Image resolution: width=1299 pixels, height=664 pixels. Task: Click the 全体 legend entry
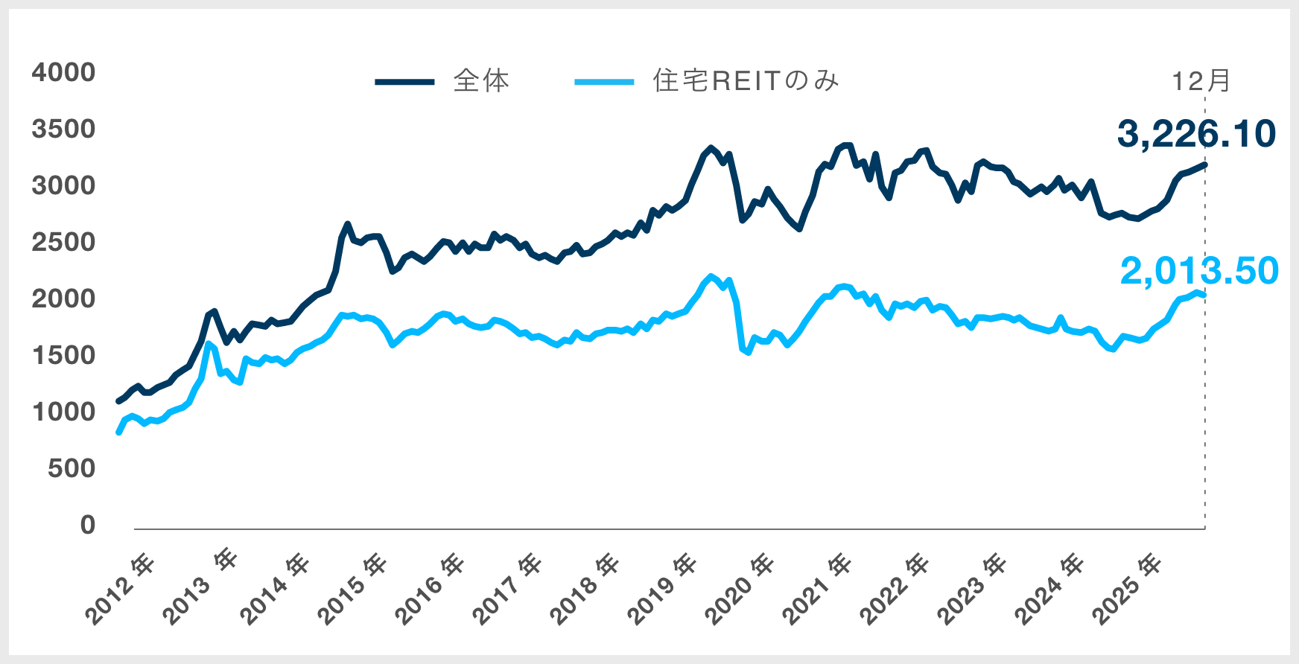481,80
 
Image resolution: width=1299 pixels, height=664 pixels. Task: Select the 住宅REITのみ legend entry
746,80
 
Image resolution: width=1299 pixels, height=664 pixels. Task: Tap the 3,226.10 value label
1196,134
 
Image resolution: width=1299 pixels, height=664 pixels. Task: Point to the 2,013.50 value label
1199,271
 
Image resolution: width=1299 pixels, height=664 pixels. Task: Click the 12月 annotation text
1201,80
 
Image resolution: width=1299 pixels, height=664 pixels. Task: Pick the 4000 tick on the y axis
64,72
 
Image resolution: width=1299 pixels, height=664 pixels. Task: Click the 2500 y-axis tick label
64,242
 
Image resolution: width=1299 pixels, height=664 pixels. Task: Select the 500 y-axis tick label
72,468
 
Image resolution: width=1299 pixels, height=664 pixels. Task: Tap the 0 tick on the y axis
88,525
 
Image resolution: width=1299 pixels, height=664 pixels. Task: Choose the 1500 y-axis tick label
64,355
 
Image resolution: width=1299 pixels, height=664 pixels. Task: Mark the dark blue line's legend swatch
404,81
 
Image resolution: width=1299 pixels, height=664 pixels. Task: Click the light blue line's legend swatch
604,81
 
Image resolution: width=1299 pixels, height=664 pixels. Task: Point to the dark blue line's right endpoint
1204,165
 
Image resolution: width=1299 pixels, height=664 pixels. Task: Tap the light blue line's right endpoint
1204,296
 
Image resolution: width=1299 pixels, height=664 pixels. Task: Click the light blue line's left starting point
118,432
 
